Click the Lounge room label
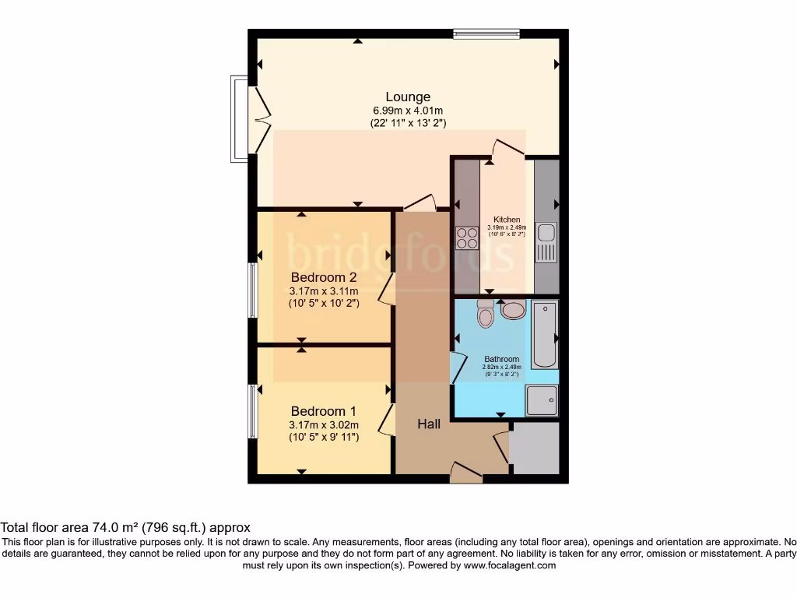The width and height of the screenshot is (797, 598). tap(407, 97)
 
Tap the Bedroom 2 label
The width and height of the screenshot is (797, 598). tap(324, 277)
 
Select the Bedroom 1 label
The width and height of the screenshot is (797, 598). tap(324, 411)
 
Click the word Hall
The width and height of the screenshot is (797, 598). tap(429, 424)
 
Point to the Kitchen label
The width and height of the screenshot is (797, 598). tap(507, 220)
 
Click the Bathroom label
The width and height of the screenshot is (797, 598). tap(501, 359)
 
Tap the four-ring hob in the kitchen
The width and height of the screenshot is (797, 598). tap(467, 237)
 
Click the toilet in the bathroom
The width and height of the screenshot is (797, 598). tap(486, 315)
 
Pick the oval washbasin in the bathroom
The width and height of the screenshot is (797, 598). tap(514, 311)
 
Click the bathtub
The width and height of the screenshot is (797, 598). tap(545, 335)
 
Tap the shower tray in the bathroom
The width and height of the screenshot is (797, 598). tap(542, 401)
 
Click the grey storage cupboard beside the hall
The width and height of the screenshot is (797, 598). tap(535, 448)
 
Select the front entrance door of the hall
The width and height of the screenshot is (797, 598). tap(465, 472)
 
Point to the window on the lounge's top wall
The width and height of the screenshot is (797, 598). tap(487, 33)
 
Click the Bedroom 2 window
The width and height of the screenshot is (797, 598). tap(252, 290)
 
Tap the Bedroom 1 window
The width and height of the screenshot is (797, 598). tap(252, 410)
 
